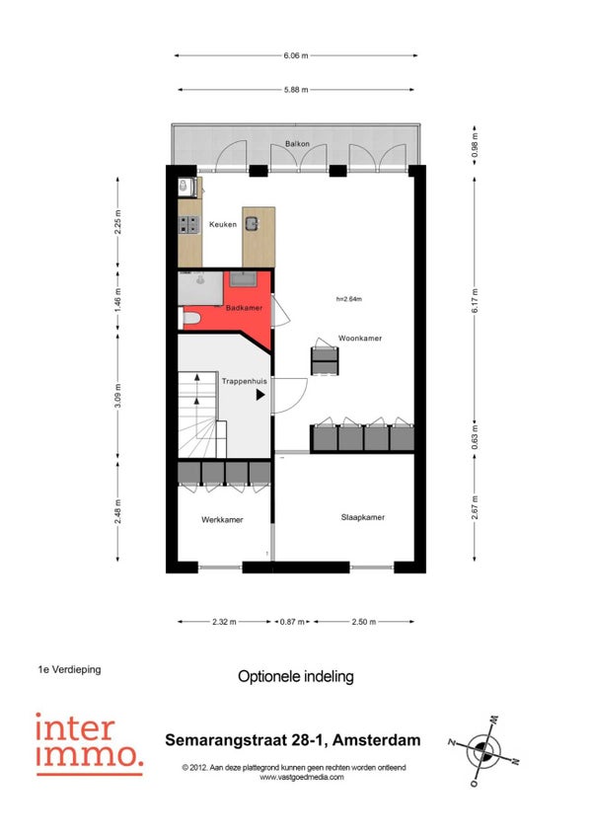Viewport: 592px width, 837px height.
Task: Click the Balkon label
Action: tap(297, 143)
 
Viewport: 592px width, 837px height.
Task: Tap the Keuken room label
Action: tap(223, 224)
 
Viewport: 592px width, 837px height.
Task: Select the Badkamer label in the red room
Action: tap(244, 308)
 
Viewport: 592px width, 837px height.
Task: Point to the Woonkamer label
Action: tap(360, 338)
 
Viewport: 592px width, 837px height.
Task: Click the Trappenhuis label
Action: tap(245, 381)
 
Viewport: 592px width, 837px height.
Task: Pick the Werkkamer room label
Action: tap(222, 519)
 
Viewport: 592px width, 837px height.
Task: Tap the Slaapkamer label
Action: tap(363, 517)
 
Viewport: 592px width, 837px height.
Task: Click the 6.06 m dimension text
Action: tap(296, 55)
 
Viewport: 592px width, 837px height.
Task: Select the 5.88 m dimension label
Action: tap(296, 90)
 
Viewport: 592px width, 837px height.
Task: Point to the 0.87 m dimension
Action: tap(292, 622)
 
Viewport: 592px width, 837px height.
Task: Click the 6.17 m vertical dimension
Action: tap(476, 300)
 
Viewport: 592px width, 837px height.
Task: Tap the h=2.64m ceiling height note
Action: tap(349, 299)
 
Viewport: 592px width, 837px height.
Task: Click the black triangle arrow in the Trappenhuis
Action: tap(260, 395)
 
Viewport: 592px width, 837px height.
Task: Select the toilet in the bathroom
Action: tap(189, 319)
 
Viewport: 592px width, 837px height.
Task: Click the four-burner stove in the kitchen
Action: tap(189, 225)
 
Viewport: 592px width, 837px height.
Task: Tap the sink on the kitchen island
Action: tap(252, 223)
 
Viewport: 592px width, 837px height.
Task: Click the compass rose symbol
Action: tap(483, 751)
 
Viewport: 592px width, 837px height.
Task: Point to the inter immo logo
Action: tap(89, 743)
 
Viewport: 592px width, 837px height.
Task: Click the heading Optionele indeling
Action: tap(296, 676)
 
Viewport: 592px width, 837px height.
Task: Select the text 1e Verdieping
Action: tap(69, 669)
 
